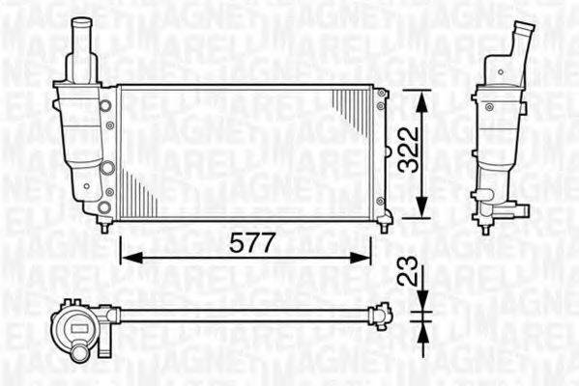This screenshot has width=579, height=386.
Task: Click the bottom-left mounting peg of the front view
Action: pyautogui.click(x=104, y=224)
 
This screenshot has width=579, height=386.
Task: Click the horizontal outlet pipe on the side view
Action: pyautogui.click(x=516, y=206)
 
